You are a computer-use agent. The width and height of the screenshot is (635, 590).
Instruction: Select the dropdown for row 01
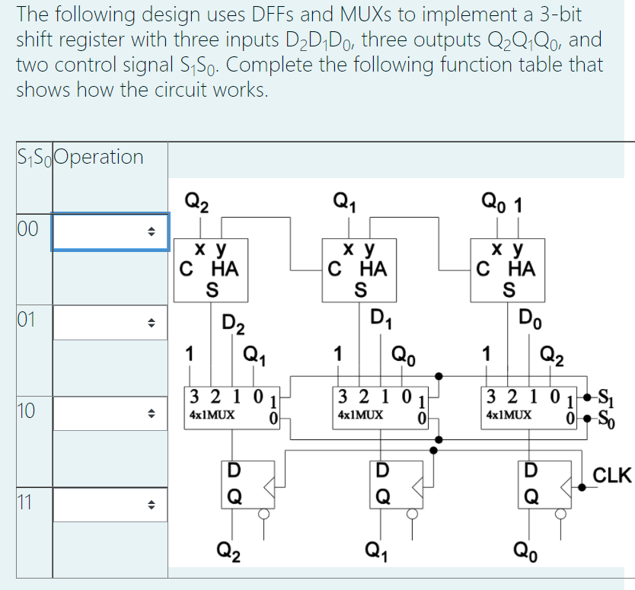click(110, 322)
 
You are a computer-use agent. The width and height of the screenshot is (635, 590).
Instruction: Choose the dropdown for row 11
click(110, 504)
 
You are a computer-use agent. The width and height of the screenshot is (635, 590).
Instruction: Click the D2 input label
click(233, 324)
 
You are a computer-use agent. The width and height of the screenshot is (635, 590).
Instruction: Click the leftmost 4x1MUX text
click(212, 416)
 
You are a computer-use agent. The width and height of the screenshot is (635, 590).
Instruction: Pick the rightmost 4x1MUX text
click(508, 416)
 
